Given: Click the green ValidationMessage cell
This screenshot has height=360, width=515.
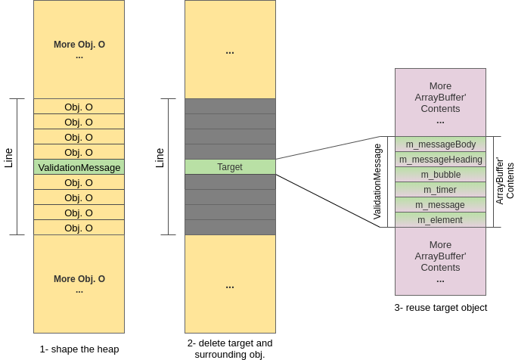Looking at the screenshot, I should pyautogui.click(x=79, y=167).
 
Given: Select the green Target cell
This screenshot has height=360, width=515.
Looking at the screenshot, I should pyautogui.click(x=230, y=167).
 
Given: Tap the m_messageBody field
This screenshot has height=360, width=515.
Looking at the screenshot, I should pyautogui.click(x=440, y=144).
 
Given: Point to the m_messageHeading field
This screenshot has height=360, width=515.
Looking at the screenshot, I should pyautogui.click(x=440, y=160).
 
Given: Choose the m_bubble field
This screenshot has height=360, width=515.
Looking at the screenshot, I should pyautogui.click(x=440, y=175).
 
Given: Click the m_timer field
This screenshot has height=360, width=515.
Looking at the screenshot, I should pyautogui.click(x=440, y=190).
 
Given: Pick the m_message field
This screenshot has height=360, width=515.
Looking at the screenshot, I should pyautogui.click(x=440, y=205).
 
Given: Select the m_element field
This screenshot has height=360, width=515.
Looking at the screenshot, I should pyautogui.click(x=440, y=220).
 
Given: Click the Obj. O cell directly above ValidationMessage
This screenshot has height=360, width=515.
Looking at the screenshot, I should pyautogui.click(x=79, y=152).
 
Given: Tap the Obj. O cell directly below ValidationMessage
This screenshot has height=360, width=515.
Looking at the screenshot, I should pyautogui.click(x=79, y=182).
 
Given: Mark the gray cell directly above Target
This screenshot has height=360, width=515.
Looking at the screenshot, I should pyautogui.click(x=230, y=152).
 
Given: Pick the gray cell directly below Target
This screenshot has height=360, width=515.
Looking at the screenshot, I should pyautogui.click(x=230, y=182).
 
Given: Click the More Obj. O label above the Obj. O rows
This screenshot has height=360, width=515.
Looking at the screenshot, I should pyautogui.click(x=79, y=45).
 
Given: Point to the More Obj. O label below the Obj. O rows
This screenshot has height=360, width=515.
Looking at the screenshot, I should pyautogui.click(x=79, y=279).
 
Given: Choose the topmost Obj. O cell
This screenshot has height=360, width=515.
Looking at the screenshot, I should pyautogui.click(x=79, y=107).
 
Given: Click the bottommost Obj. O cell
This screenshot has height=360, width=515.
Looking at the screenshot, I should pyautogui.click(x=79, y=228).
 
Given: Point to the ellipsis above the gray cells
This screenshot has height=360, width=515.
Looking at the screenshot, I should pyautogui.click(x=230, y=52).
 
